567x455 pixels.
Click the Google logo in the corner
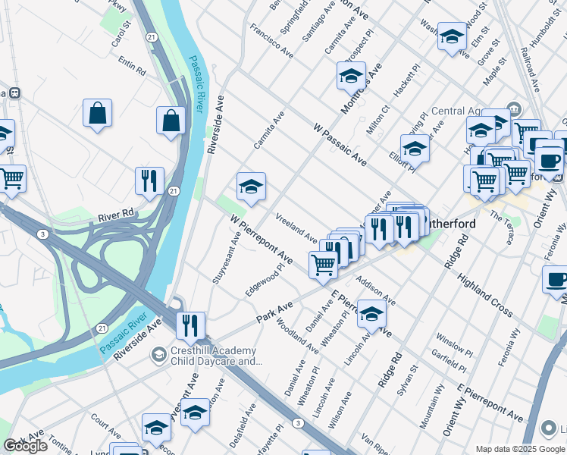(25, 446)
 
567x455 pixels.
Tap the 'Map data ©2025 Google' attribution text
(520, 449)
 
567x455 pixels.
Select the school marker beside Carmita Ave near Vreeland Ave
(251, 187)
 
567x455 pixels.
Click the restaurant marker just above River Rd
(149, 180)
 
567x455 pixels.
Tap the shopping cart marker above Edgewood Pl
(323, 264)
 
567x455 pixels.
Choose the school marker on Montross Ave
(351, 76)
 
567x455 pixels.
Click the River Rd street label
(115, 217)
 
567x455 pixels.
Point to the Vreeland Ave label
(296, 227)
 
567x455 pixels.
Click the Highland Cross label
(485, 297)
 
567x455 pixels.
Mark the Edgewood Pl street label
(265, 280)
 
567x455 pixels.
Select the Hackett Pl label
(406, 81)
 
